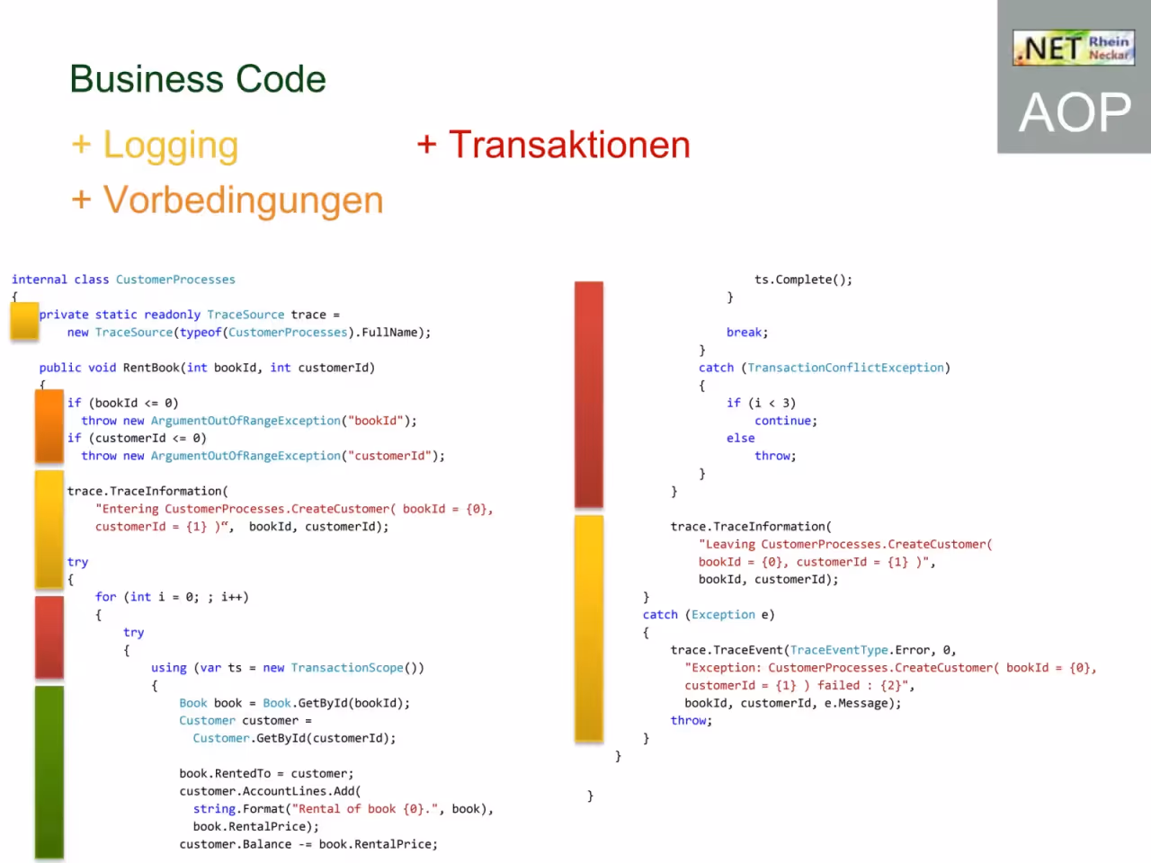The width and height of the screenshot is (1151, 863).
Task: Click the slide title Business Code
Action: tap(198, 79)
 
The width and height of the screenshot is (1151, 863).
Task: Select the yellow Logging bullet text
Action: tap(156, 145)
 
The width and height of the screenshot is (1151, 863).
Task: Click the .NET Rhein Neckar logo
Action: tap(1074, 48)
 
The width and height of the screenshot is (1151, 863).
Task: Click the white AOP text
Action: tap(1075, 112)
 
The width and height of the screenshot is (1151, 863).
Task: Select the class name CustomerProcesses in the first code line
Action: tap(175, 280)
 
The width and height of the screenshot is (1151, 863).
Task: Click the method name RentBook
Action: tap(151, 368)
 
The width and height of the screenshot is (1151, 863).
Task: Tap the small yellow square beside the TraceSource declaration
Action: tap(24, 321)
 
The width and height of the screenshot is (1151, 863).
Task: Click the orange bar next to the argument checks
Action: tap(49, 426)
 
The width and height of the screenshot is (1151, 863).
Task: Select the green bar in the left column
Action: tap(49, 772)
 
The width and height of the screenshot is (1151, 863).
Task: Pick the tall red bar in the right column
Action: tap(589, 394)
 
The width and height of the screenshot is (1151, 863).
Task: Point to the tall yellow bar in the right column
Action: tap(589, 627)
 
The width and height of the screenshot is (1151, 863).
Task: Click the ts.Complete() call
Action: tap(803, 280)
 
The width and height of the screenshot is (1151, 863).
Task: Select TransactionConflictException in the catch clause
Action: tap(845, 368)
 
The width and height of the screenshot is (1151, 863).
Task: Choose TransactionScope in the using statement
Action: tap(347, 668)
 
